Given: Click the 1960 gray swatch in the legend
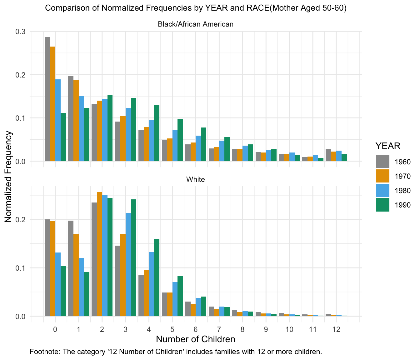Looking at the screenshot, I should [x=383, y=162].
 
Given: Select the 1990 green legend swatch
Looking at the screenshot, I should [x=383, y=205].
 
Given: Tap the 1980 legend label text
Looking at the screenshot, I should [x=403, y=191].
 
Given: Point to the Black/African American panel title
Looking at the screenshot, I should [x=196, y=24].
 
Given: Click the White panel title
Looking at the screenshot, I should [x=196, y=179].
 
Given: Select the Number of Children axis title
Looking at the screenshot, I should [x=196, y=339].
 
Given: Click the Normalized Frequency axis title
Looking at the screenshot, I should [x=8, y=177].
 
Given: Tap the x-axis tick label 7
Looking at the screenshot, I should [x=219, y=329].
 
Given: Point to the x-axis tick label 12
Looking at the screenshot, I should [x=336, y=329].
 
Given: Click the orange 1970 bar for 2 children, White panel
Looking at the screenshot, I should [x=99, y=254].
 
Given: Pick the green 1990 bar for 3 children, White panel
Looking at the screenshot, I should [x=133, y=258].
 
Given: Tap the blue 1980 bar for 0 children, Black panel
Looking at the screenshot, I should [x=58, y=120].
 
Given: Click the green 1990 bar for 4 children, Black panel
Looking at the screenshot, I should [x=157, y=133].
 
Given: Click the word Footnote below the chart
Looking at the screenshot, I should [x=42, y=352].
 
